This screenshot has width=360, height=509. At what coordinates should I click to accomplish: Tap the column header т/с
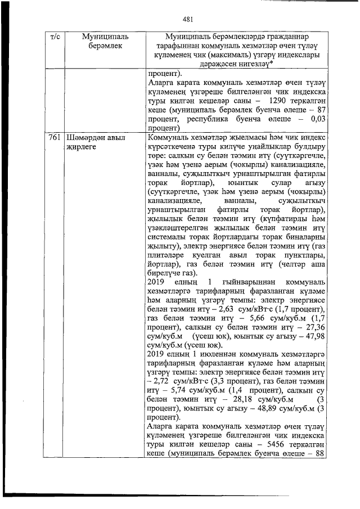click(x=56, y=37)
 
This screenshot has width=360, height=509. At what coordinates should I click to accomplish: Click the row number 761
click(x=56, y=138)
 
